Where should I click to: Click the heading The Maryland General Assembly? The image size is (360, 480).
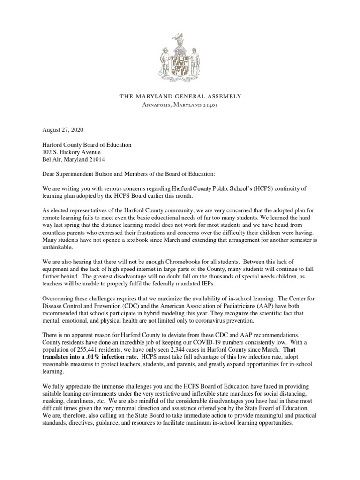[x=180, y=97]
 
